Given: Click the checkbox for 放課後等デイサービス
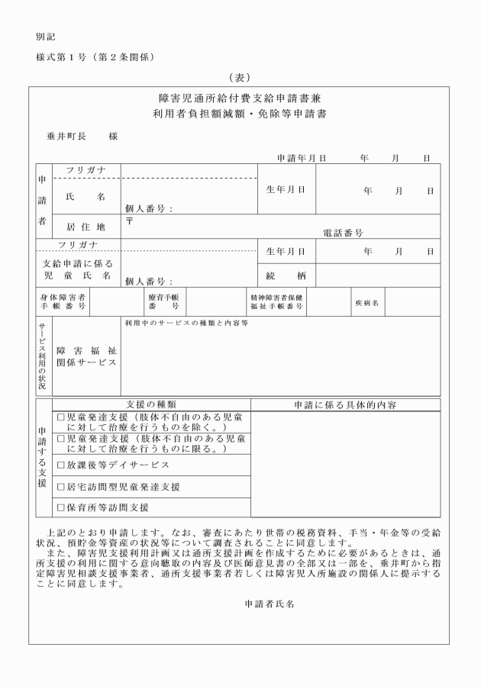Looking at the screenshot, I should (62, 464).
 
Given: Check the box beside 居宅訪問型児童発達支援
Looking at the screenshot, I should (62, 486).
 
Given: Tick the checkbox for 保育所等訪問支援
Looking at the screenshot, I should (62, 507).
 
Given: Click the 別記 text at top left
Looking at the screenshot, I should (45, 37).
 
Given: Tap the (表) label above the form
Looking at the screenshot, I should (240, 77).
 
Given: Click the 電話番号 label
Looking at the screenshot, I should (343, 233).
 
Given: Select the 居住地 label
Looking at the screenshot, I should (85, 227).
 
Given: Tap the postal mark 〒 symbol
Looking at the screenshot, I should (129, 221).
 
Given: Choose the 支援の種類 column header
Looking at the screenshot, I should (150, 404).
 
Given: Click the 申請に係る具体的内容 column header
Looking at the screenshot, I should (345, 404).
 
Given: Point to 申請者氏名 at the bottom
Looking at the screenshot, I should (269, 603).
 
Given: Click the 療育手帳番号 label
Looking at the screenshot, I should (163, 303).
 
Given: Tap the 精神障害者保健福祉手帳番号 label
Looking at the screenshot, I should (276, 303).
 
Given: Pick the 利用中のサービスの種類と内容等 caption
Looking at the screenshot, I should (187, 324).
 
